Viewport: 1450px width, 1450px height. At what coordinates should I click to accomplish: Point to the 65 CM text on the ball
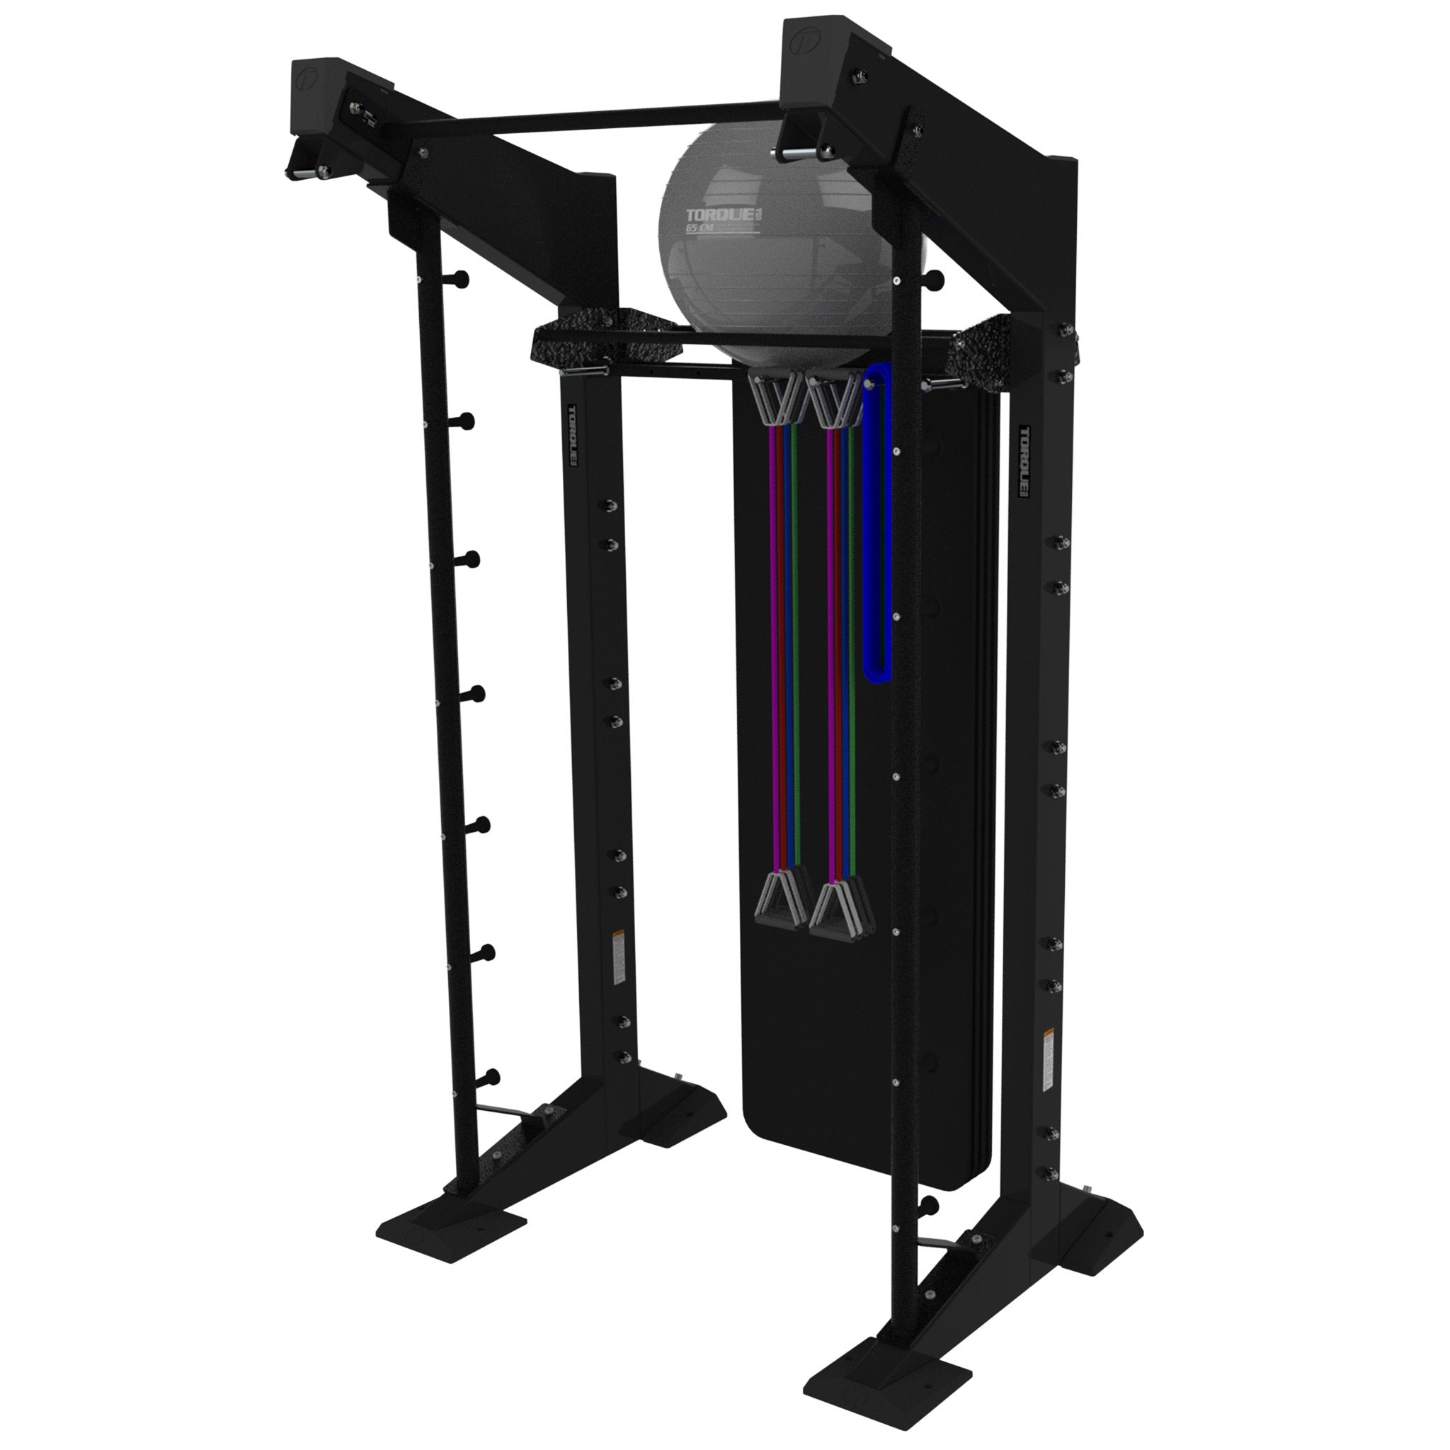pyautogui.click(x=702, y=228)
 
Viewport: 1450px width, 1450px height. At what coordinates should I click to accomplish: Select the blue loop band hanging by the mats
pyautogui.click(x=877, y=525)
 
